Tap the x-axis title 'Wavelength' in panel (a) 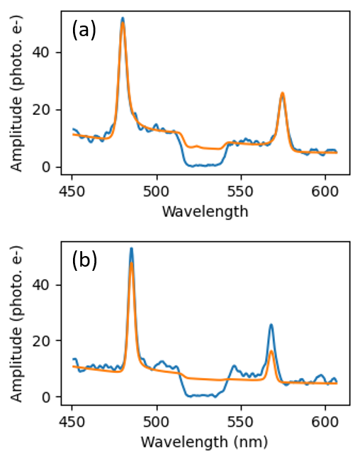pyautogui.click(x=205, y=211)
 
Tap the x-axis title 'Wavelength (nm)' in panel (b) pyautogui.click(x=205, y=441)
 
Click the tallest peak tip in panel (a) pyautogui.click(x=123, y=18)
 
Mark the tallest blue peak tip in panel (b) pyautogui.click(x=131, y=248)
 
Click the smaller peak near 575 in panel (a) pyautogui.click(x=282, y=93)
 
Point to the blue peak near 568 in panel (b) pyautogui.click(x=271, y=325)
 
